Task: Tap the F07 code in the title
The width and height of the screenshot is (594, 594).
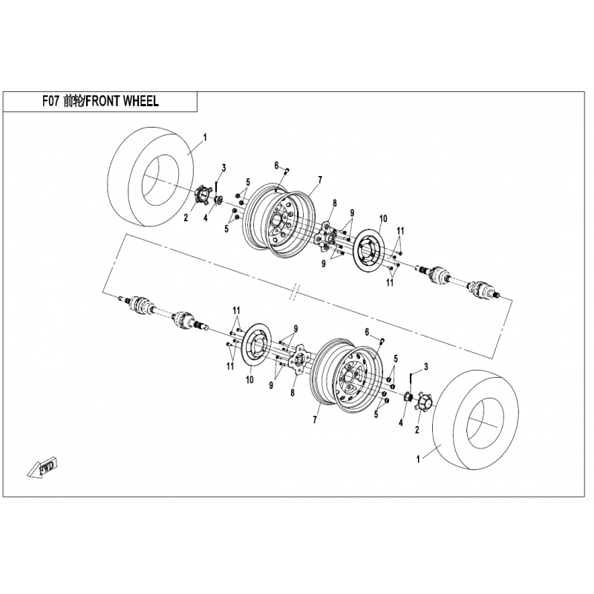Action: click(x=50, y=101)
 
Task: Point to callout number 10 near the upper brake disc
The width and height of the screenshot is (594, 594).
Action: click(x=383, y=218)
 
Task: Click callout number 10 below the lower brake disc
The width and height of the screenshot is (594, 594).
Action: click(x=249, y=379)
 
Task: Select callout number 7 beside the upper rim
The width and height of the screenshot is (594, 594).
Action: click(x=320, y=180)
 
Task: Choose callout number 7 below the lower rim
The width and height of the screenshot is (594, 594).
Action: click(x=315, y=420)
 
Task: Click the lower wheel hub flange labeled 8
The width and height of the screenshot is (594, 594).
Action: click(x=299, y=359)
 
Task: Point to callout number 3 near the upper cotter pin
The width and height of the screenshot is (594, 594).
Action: click(x=224, y=168)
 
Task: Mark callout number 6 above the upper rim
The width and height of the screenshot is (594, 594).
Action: click(x=276, y=166)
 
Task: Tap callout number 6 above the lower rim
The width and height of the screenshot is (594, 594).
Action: click(x=367, y=332)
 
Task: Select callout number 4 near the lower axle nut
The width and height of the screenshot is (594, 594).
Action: click(x=401, y=422)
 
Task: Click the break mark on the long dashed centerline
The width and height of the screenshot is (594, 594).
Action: click(x=296, y=291)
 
